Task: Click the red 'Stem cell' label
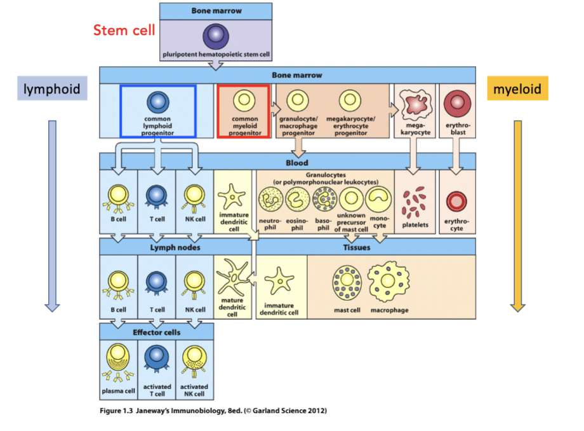[x=124, y=31]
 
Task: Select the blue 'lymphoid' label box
[x=52, y=89]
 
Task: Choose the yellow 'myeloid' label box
[x=517, y=89]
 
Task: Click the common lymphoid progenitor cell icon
[x=158, y=102]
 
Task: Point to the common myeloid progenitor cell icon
[x=244, y=102]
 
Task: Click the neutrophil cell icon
[x=270, y=201]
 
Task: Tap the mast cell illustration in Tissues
[x=347, y=282]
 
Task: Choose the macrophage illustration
[x=389, y=282]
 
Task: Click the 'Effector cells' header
[x=156, y=332]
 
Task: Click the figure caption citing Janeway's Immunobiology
[x=213, y=411]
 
